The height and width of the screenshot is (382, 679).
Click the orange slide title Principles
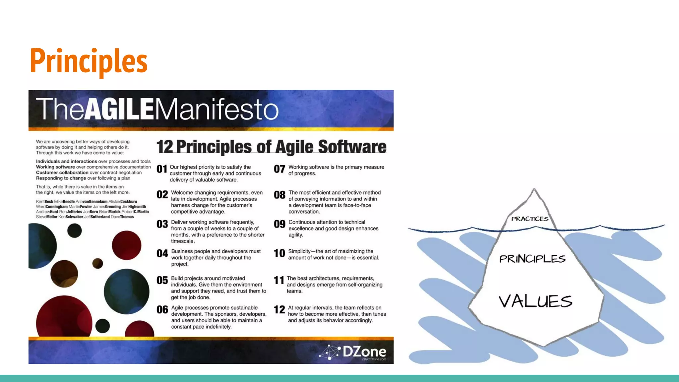pos(89,61)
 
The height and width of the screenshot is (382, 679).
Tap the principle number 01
pos(162,169)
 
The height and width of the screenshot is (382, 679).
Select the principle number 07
pos(279,169)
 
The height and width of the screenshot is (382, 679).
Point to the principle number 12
pos(279,310)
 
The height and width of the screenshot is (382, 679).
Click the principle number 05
pos(162,281)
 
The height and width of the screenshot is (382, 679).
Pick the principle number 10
pos(279,253)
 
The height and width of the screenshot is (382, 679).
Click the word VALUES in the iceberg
pos(535,301)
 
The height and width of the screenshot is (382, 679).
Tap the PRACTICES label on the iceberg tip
pos(529,219)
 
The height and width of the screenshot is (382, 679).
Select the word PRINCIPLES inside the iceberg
pos(532,259)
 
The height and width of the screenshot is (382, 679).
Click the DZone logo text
pos(364,351)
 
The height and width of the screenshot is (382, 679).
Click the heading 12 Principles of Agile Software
pos(271,147)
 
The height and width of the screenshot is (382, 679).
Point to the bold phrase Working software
pos(55,167)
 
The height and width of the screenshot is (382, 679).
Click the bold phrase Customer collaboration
pos(62,173)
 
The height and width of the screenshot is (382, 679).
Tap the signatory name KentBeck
pos(44,202)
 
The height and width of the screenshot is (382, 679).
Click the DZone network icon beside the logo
pos(330,352)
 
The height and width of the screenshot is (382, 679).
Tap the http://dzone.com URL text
pos(374,359)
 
